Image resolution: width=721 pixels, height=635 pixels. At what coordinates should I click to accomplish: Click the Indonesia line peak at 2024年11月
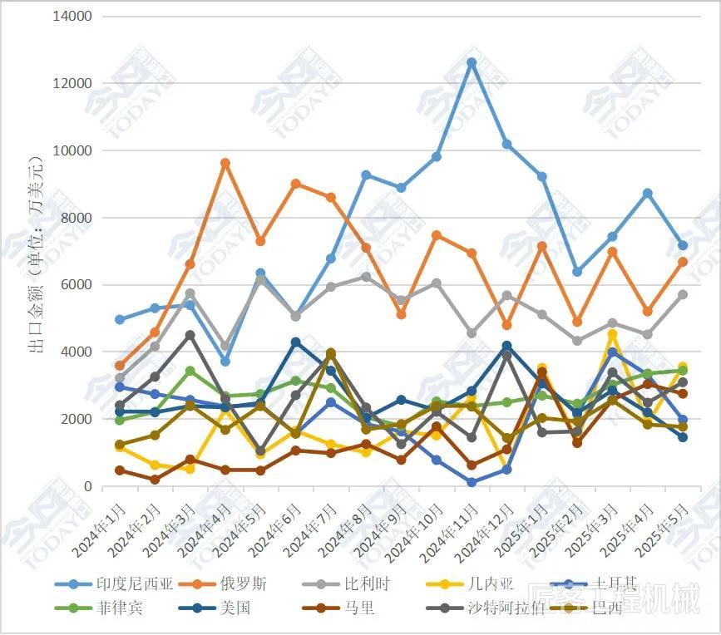pyautogui.click(x=472, y=62)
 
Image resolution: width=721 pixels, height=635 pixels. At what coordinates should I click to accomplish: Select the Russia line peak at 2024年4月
pyautogui.click(x=225, y=163)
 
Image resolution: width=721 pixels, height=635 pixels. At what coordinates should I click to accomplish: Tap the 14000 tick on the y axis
pyautogui.click(x=73, y=17)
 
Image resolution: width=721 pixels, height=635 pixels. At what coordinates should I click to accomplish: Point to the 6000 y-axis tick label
pyautogui.click(x=77, y=285)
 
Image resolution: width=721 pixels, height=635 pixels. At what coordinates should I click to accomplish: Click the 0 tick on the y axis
pyautogui.click(x=87, y=486)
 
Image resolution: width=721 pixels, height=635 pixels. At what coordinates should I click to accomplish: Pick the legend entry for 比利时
pyautogui.click(x=365, y=583)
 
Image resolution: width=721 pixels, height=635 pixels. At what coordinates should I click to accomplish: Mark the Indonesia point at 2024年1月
pyautogui.click(x=120, y=320)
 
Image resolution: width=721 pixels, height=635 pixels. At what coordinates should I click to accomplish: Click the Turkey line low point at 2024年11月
pyautogui.click(x=472, y=482)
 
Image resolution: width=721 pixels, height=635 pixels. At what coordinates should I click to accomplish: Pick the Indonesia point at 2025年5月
pyautogui.click(x=683, y=245)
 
